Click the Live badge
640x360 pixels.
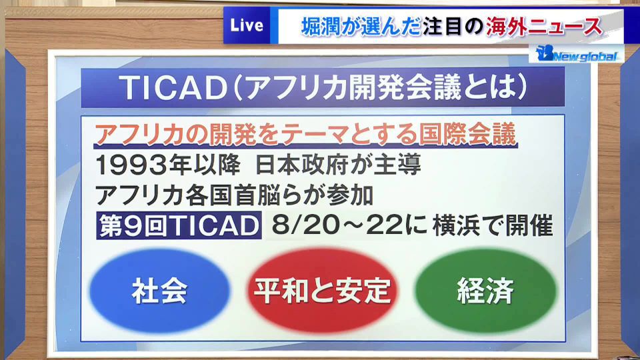(x=247, y=25)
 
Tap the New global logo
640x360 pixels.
(x=576, y=53)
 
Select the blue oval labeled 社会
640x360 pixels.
(x=159, y=291)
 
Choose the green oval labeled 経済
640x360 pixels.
(x=486, y=291)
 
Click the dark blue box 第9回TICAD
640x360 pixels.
(x=179, y=225)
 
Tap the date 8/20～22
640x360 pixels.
(x=337, y=225)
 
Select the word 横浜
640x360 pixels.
(x=456, y=225)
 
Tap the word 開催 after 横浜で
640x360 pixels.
(x=529, y=225)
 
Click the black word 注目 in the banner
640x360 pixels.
(x=442, y=27)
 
